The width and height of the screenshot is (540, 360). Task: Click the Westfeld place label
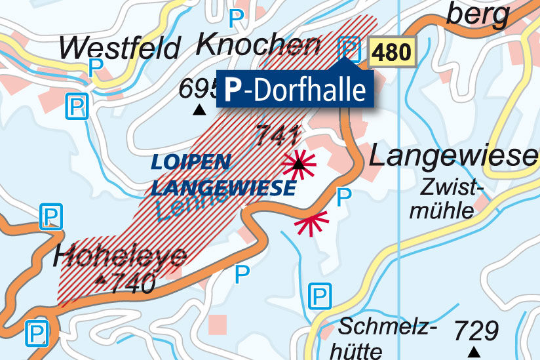click(x=119, y=48)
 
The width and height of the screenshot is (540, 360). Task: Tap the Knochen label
click(x=258, y=45)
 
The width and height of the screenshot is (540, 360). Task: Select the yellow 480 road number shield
click(x=393, y=52)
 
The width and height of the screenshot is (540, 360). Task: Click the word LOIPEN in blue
click(x=191, y=162)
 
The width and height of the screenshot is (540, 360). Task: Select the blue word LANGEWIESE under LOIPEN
click(x=223, y=189)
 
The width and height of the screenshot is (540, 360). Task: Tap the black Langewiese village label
click(x=452, y=157)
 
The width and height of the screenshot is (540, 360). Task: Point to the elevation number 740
click(x=132, y=283)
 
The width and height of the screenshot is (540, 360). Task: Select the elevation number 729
click(x=476, y=330)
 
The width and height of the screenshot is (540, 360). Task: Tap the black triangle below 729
click(x=473, y=353)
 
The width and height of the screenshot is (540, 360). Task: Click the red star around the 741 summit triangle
click(x=299, y=163)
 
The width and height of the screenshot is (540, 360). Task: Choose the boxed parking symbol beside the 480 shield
click(x=349, y=48)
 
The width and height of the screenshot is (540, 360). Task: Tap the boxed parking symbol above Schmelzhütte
click(x=320, y=296)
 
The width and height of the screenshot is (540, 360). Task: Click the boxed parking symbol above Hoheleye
click(x=50, y=216)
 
